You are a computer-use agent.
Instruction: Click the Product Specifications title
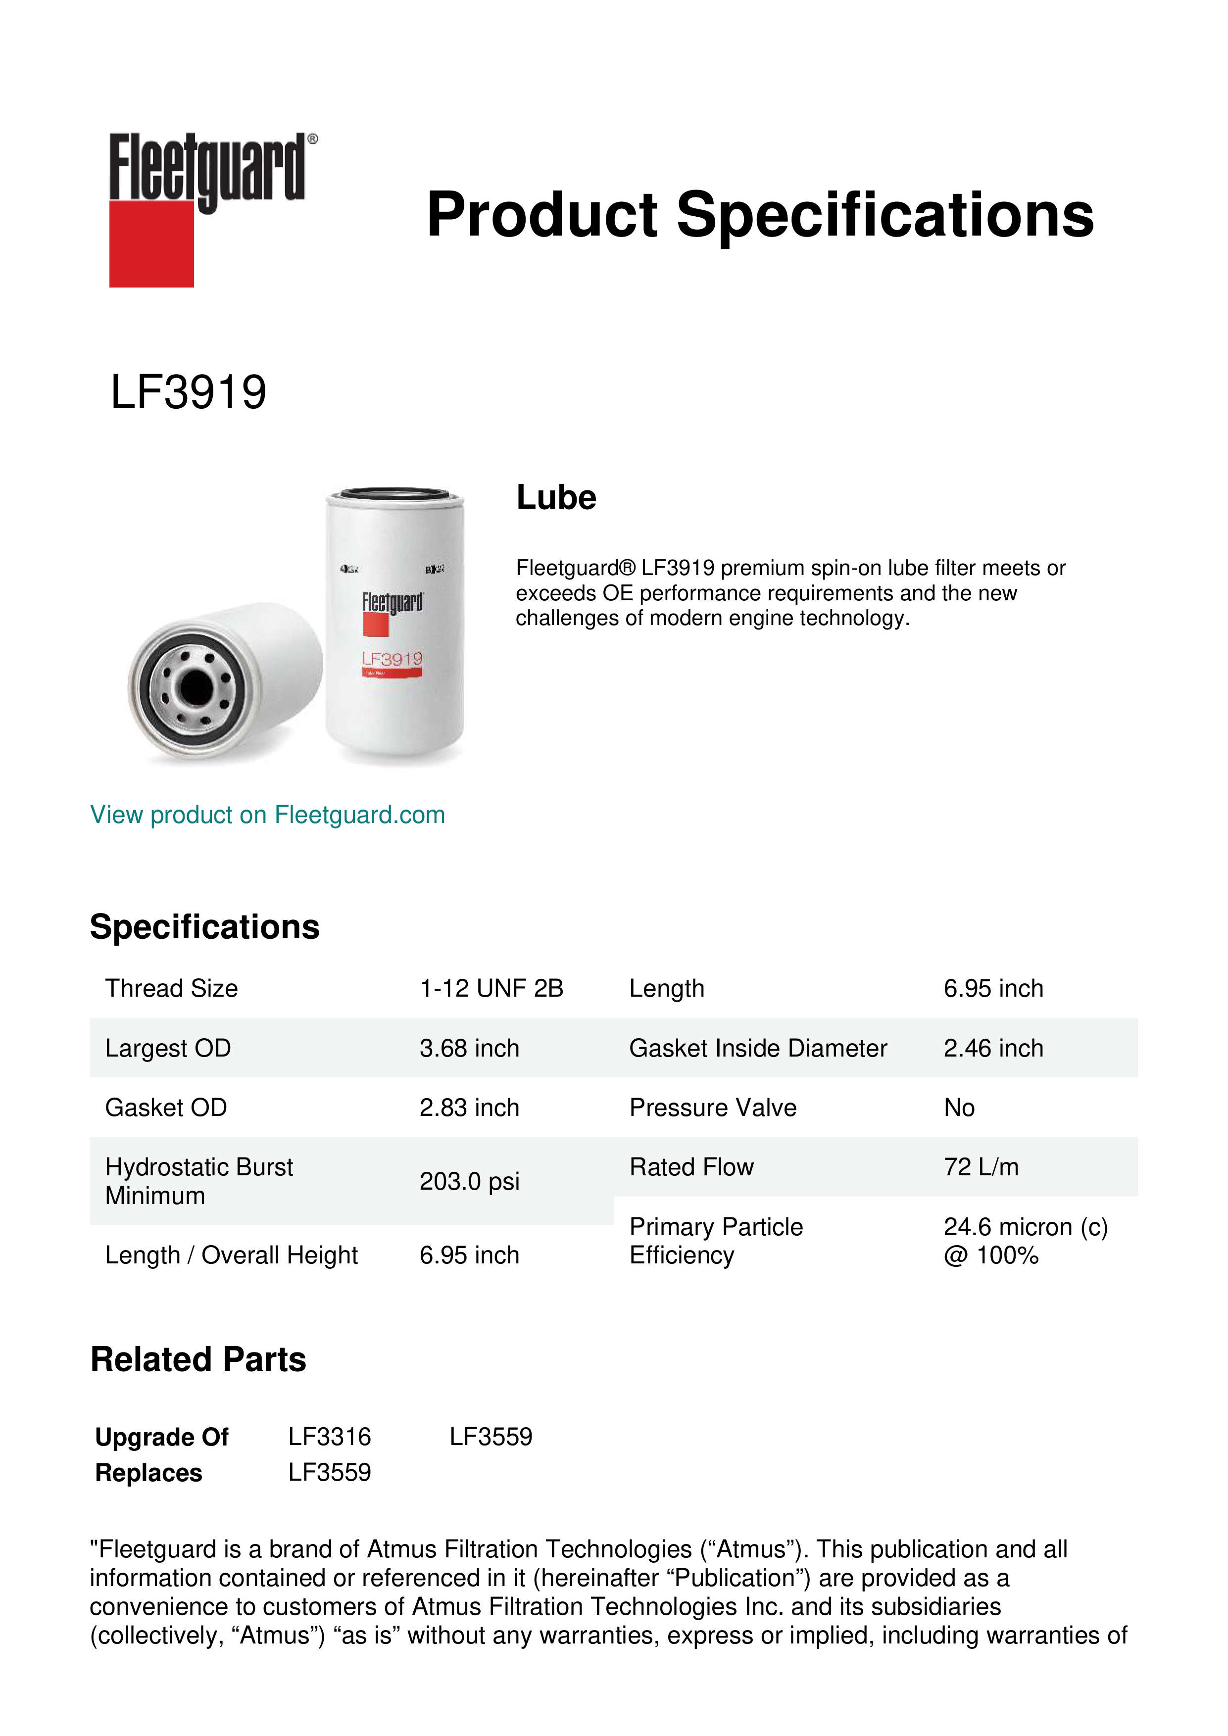(760, 215)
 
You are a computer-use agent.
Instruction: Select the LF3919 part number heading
(188, 392)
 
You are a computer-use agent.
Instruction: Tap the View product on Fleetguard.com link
(267, 815)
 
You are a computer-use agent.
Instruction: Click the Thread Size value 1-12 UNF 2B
(491, 988)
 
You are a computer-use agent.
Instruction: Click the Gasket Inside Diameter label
(758, 1048)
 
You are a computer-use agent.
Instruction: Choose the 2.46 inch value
(993, 1048)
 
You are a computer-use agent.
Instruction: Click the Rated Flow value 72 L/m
(981, 1167)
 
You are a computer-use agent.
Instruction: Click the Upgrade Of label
(162, 1437)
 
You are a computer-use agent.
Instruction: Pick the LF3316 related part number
(330, 1437)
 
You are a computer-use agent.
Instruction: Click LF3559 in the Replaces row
(330, 1472)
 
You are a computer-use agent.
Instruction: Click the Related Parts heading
(198, 1359)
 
